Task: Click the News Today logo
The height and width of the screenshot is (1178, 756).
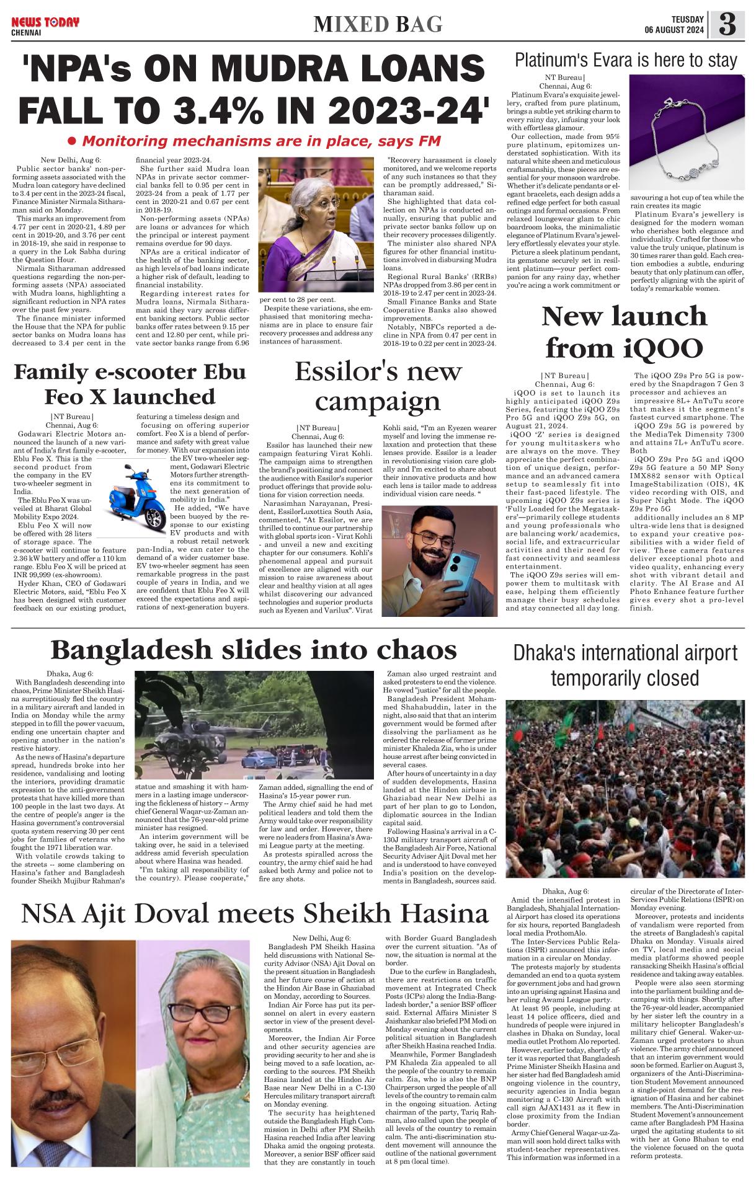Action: (x=45, y=23)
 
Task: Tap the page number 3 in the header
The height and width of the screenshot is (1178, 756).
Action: (x=727, y=25)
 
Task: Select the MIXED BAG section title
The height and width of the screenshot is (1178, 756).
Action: (x=378, y=24)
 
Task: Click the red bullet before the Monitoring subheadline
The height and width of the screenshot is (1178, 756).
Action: (x=71, y=141)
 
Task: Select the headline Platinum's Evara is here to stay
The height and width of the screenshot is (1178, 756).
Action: (x=626, y=60)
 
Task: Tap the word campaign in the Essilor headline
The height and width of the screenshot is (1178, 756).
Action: (x=377, y=402)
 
